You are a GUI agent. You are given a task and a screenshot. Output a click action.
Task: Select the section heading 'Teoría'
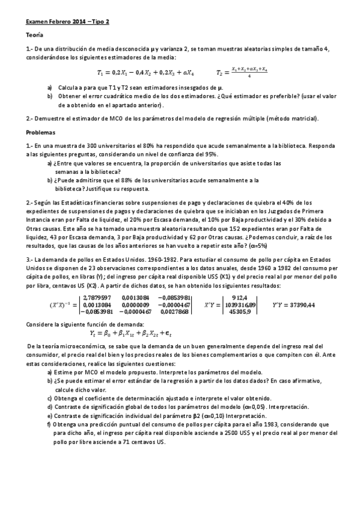(x=34, y=35)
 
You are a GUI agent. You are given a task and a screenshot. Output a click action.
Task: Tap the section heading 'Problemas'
(x=40, y=132)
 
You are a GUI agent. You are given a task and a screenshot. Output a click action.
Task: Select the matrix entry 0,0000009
(x=135, y=304)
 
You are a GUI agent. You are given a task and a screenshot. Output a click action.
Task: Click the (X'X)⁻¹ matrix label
(x=61, y=304)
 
